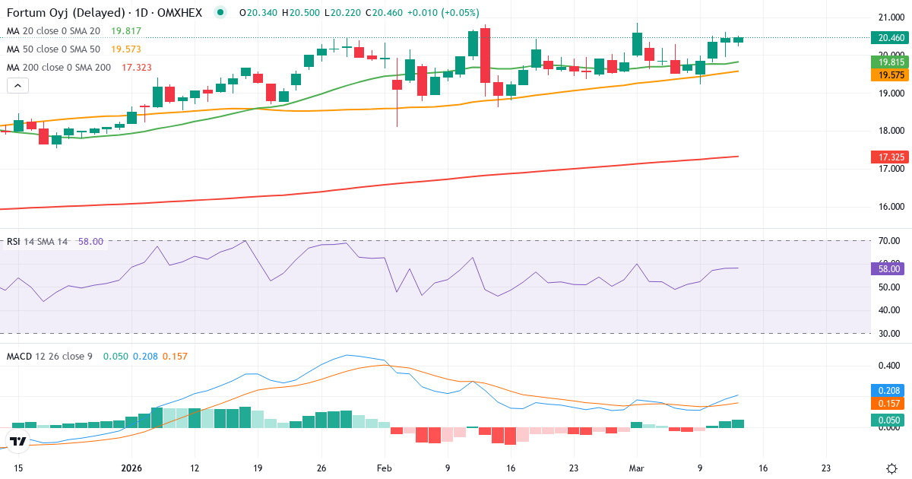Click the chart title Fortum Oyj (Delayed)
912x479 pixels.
click(53, 12)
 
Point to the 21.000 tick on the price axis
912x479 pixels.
click(890, 17)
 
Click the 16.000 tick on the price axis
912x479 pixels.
click(890, 207)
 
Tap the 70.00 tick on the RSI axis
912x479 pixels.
click(890, 241)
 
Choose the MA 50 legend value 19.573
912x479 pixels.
click(126, 49)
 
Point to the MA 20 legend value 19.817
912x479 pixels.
click(126, 31)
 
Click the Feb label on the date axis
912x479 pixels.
click(384, 468)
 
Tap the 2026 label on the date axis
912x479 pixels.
click(131, 468)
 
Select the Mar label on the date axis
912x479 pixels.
click(637, 468)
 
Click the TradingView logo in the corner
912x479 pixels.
click(18, 441)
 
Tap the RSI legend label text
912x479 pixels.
click(13, 242)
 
